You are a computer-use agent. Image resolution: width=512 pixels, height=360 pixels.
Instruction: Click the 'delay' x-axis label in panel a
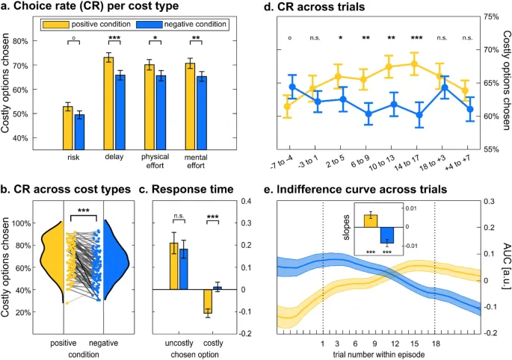point(114,158)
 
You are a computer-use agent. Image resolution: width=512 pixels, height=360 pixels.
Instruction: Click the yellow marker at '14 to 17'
point(414,64)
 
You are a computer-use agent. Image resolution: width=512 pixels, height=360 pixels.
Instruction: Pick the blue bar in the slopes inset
point(386,233)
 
